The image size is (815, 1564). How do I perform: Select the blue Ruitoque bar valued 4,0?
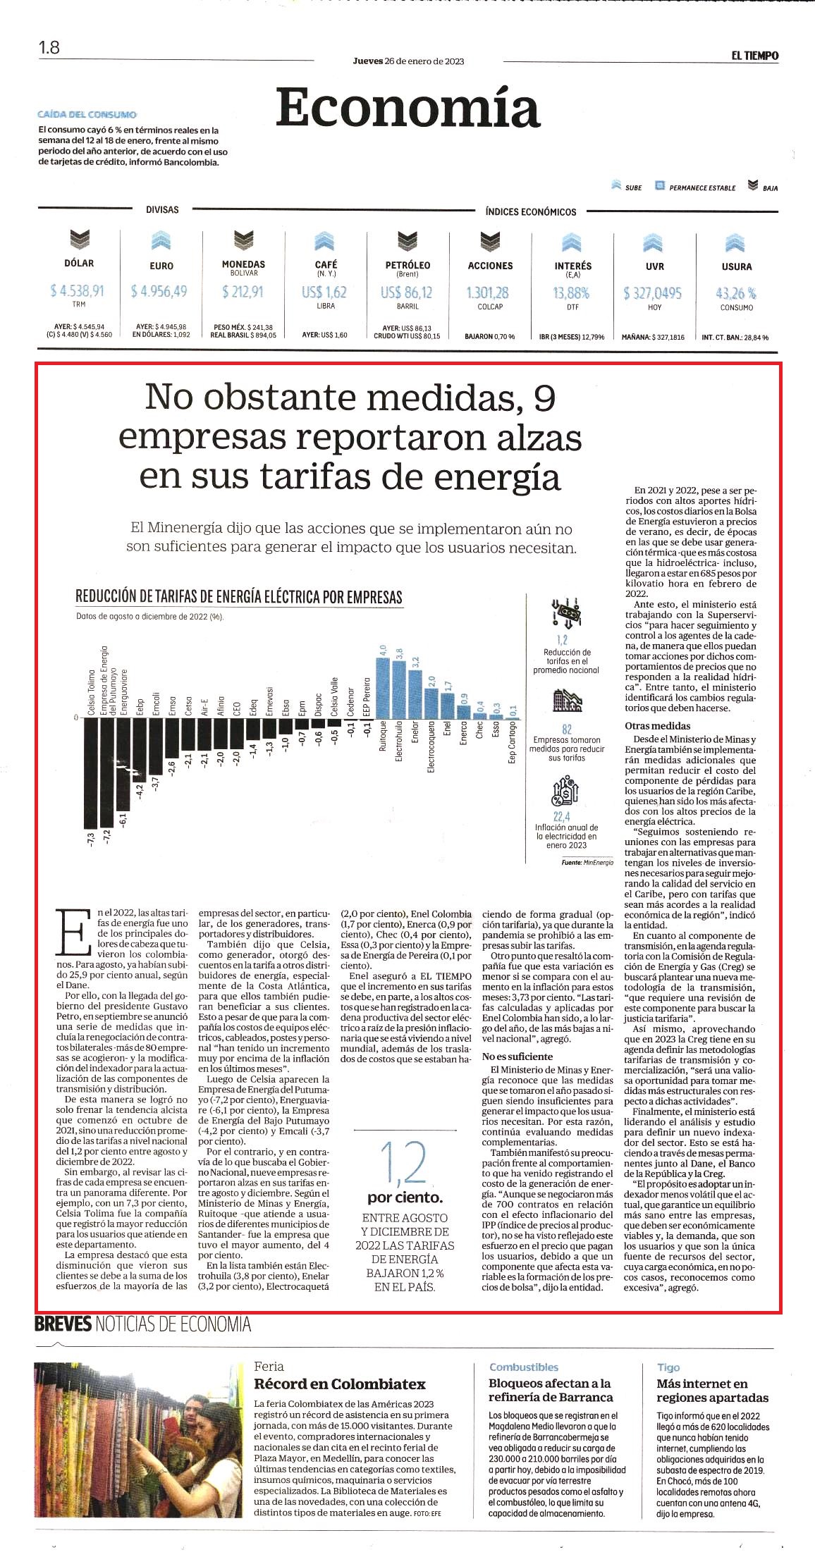pyautogui.click(x=383, y=687)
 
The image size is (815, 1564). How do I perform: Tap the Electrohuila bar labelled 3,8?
pyautogui.click(x=399, y=689)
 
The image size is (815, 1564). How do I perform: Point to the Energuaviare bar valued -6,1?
pyautogui.click(x=123, y=764)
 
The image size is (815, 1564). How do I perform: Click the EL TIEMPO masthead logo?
pyautogui.click(x=754, y=56)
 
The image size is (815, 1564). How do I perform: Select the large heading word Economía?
pyautogui.click(x=407, y=108)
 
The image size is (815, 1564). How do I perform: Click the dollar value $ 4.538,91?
pyautogui.click(x=78, y=290)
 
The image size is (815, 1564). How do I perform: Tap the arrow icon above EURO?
pyautogui.click(x=161, y=241)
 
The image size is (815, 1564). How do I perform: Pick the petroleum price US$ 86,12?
pyautogui.click(x=407, y=292)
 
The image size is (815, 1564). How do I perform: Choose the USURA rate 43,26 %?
pyautogui.click(x=736, y=293)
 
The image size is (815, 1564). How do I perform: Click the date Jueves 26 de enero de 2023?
pyautogui.click(x=408, y=61)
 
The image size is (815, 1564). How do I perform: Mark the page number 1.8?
pyautogui.click(x=49, y=48)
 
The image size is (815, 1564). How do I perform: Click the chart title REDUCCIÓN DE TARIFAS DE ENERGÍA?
pyautogui.click(x=239, y=597)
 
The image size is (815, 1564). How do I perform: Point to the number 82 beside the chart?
pyautogui.click(x=567, y=729)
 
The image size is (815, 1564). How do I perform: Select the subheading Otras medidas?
pyautogui.click(x=658, y=726)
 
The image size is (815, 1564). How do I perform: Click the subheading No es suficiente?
pyautogui.click(x=517, y=1057)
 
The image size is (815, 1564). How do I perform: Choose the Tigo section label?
pyautogui.click(x=668, y=1367)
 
